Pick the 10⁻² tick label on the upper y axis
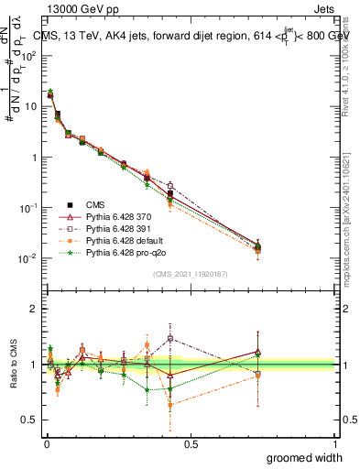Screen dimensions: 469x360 [28, 258]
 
